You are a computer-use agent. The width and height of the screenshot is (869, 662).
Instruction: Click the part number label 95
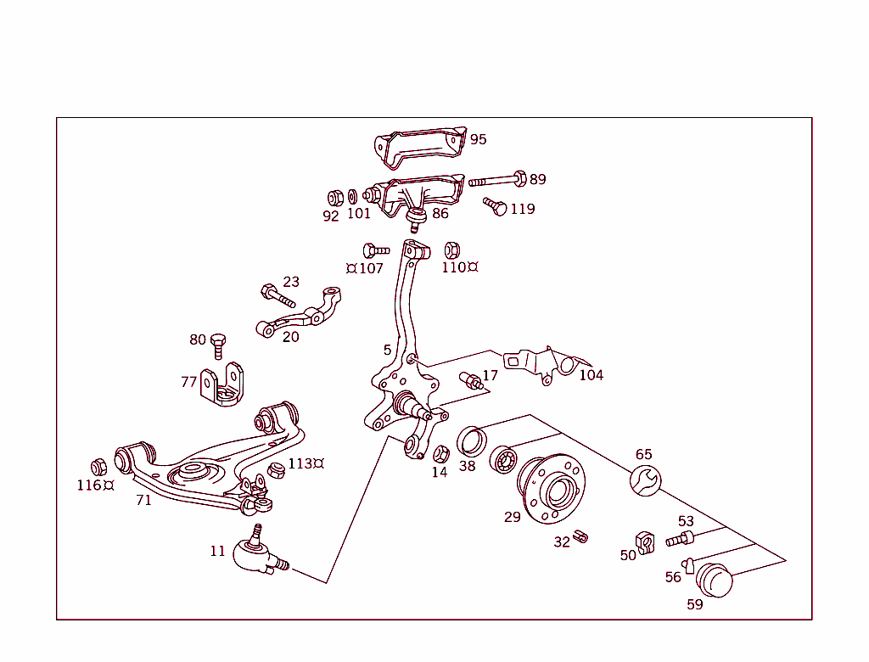coord(479,139)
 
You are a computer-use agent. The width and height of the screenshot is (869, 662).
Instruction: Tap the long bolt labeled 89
coord(497,180)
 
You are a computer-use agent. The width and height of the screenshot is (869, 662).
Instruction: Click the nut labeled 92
coord(334,198)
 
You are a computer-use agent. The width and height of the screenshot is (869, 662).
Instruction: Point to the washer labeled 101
coord(352,197)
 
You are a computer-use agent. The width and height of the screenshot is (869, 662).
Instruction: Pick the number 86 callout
coord(440,213)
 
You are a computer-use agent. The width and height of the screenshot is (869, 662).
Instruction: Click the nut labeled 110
coord(452,250)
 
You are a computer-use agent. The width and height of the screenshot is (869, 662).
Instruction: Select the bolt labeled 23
coord(278,296)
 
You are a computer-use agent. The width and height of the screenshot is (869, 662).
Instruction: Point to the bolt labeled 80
coord(217,345)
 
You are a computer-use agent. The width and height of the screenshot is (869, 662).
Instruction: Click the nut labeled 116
coord(98,467)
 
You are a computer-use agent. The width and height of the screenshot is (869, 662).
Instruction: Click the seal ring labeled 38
coord(472,442)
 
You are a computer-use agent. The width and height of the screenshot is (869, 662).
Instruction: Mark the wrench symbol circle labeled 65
coord(644,481)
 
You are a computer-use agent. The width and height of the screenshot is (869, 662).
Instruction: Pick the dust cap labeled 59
coord(714,581)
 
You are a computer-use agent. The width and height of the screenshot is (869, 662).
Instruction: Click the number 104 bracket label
coord(591,375)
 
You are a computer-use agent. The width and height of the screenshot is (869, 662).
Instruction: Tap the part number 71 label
coord(144,500)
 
